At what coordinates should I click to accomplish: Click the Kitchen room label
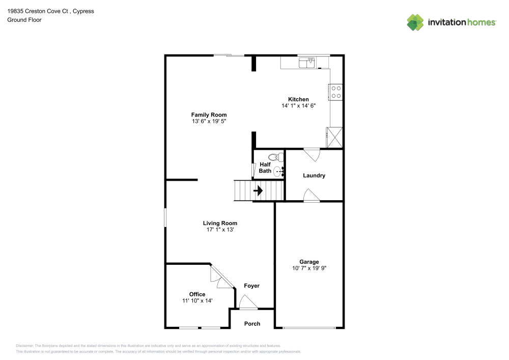(x=298, y=99)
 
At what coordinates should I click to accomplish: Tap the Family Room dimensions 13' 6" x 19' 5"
(x=209, y=122)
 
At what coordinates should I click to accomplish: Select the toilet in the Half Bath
(x=275, y=157)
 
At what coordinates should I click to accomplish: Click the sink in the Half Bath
(x=278, y=172)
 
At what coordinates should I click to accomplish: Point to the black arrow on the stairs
(x=258, y=191)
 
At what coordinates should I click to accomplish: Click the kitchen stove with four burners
(x=336, y=91)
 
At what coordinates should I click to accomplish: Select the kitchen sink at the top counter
(x=307, y=63)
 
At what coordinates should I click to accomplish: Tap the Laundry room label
(x=314, y=176)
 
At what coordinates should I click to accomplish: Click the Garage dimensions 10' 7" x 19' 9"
(x=309, y=268)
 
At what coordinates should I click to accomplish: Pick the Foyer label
(x=251, y=286)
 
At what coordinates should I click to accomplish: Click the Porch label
(x=252, y=324)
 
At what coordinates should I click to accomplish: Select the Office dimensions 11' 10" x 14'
(x=197, y=301)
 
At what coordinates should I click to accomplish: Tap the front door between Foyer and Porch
(x=248, y=304)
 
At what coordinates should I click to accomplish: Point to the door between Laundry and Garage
(x=311, y=196)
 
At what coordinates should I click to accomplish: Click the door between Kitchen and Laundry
(x=311, y=154)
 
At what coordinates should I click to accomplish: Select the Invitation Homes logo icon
(x=415, y=22)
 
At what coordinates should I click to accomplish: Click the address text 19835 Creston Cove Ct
(x=40, y=11)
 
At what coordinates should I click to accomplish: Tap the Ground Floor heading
(x=24, y=20)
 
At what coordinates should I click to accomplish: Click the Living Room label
(x=220, y=223)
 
